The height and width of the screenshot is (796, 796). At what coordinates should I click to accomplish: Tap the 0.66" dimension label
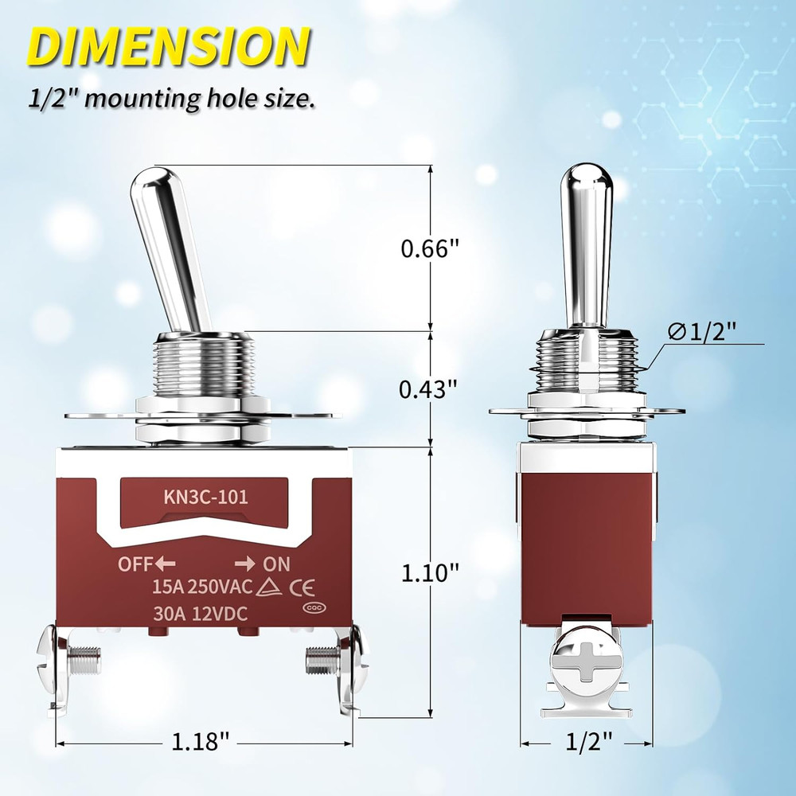[x=431, y=248]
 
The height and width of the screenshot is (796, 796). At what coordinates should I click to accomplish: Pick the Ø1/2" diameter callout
[x=703, y=332]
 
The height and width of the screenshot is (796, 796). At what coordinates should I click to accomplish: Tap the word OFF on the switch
[x=134, y=564]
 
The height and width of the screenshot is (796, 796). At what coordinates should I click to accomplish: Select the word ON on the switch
[x=276, y=564]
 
